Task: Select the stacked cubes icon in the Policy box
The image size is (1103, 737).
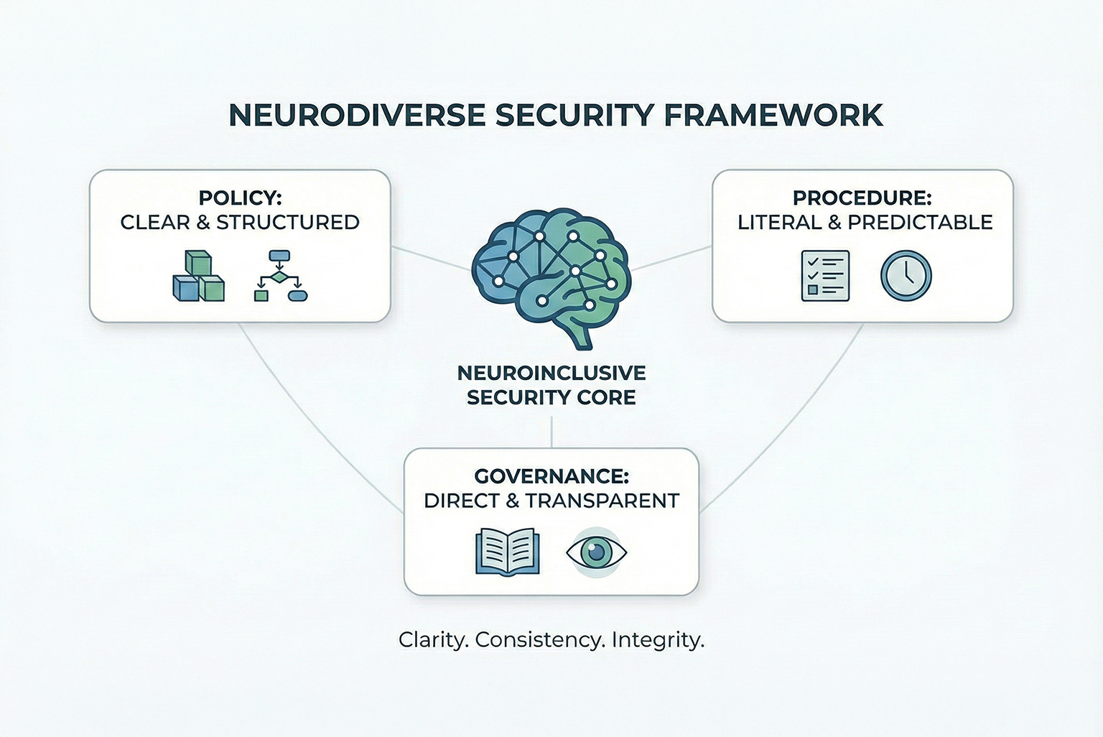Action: click(x=198, y=277)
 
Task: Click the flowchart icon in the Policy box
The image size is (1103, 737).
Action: click(x=281, y=276)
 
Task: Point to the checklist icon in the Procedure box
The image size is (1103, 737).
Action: click(x=825, y=276)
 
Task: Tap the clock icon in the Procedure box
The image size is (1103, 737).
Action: click(x=906, y=276)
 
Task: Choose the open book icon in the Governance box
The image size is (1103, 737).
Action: click(x=507, y=552)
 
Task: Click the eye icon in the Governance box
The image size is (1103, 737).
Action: click(x=596, y=552)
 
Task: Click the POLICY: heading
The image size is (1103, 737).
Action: click(x=240, y=198)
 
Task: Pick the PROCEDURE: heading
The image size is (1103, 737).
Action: click(x=862, y=198)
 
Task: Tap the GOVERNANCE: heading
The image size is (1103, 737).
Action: click(x=551, y=476)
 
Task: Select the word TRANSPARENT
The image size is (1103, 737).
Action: click(x=602, y=501)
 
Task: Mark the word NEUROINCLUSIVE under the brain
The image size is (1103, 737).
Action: click(x=551, y=373)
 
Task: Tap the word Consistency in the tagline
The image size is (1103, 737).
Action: click(x=540, y=639)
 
